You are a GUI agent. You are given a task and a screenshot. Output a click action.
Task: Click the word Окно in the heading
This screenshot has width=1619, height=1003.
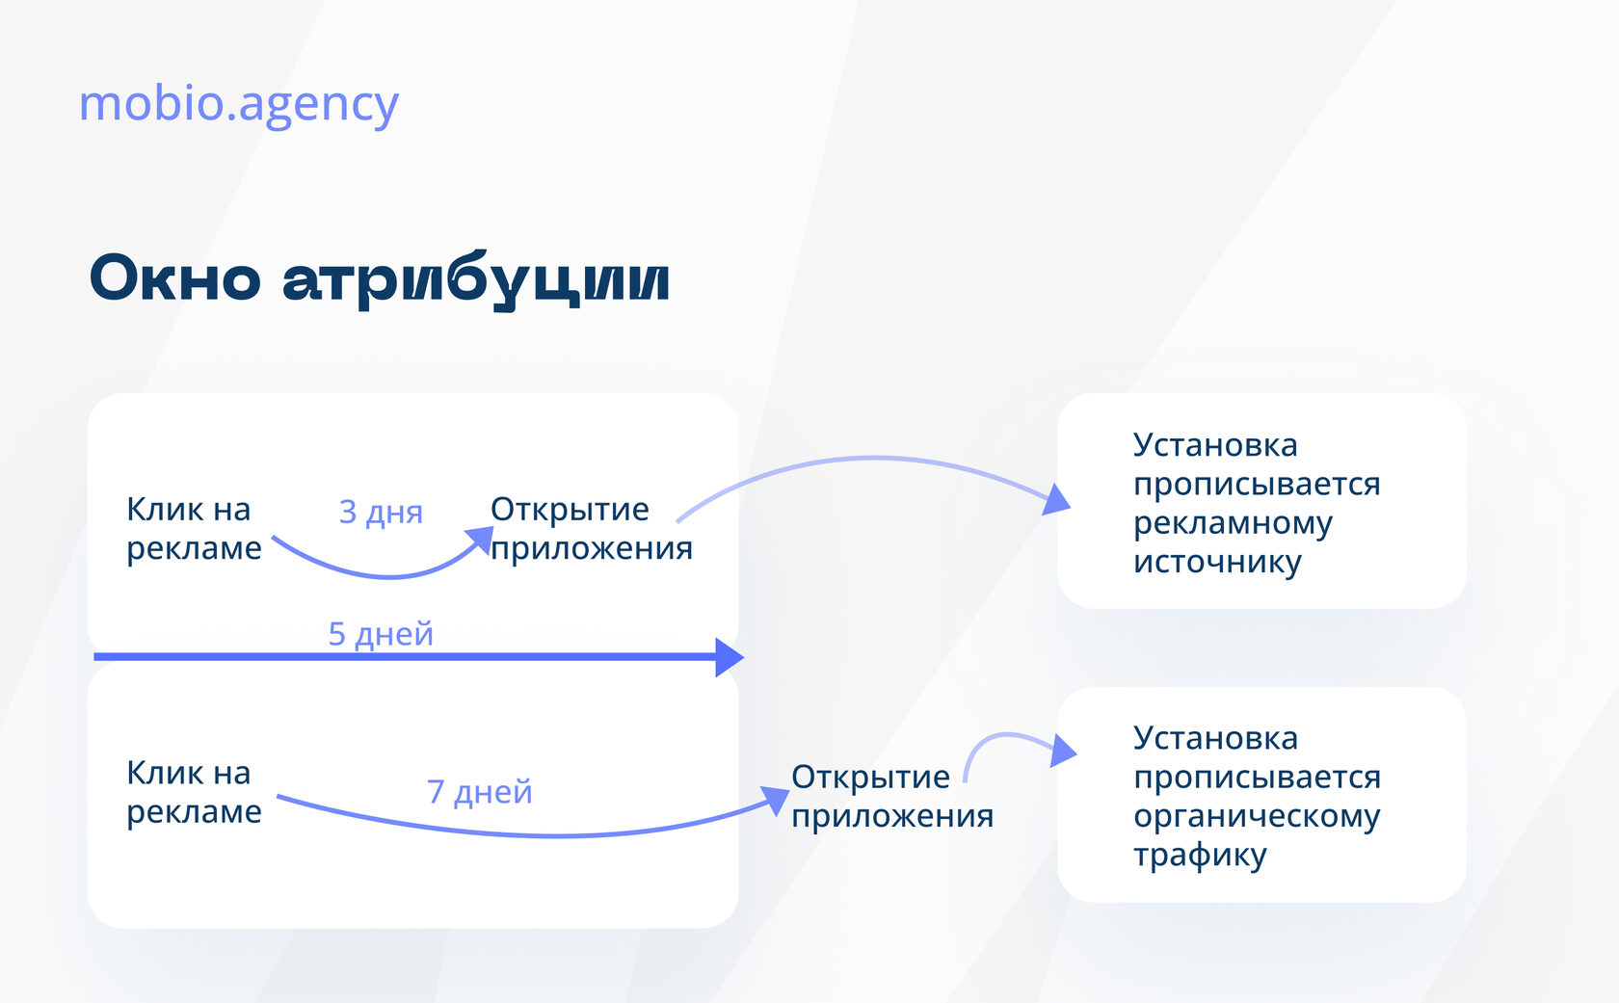[175, 278]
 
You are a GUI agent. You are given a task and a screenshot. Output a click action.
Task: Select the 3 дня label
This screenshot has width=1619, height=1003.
[380, 513]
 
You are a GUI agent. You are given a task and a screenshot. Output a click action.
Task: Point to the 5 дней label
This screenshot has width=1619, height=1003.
[380, 634]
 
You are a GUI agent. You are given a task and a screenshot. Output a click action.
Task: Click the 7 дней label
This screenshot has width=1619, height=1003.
[479, 792]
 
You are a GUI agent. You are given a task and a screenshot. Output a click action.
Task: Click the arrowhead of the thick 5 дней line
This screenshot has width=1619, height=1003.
[730, 657]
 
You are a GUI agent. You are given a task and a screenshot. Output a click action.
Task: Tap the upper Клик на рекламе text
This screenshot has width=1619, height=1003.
[194, 529]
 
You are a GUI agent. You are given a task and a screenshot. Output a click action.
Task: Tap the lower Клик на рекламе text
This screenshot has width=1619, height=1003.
[194, 792]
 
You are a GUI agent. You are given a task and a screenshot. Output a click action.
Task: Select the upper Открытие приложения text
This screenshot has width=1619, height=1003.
[592, 529]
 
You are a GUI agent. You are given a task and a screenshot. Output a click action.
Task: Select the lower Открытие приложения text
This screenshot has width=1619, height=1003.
[892, 796]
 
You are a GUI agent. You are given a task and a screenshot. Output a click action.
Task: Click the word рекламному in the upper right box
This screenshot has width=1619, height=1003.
[1233, 524]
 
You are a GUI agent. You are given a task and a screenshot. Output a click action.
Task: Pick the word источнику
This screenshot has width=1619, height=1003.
[1217, 563]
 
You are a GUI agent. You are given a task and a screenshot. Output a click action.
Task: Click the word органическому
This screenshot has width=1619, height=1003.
[1257, 817]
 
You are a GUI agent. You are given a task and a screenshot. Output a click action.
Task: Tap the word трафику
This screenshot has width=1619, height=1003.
[1200, 857]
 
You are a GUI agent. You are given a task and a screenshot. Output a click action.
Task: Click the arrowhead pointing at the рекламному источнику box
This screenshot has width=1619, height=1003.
[1055, 500]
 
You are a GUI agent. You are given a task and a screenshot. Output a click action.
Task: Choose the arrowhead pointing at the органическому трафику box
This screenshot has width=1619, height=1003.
[1063, 750]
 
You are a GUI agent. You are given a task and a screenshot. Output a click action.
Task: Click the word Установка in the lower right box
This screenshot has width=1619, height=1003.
[1216, 738]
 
